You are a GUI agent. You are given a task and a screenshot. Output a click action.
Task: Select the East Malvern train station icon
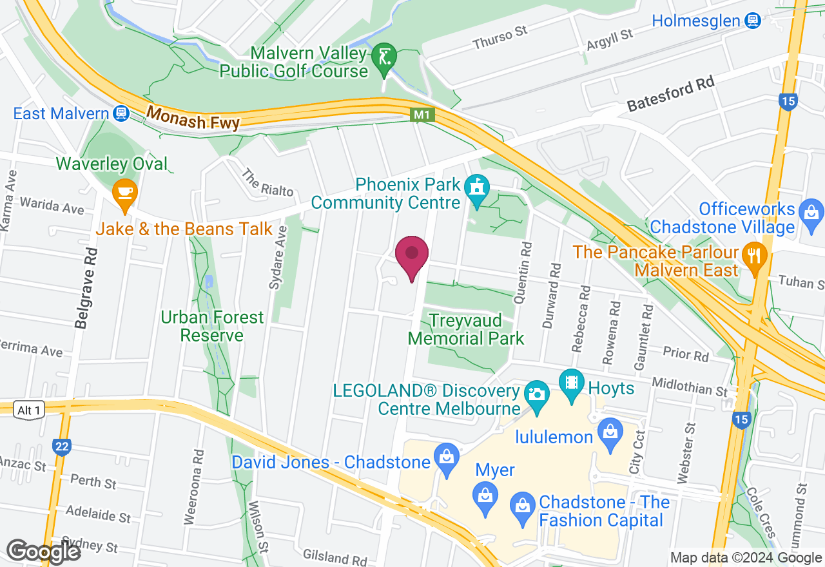pos(120,114)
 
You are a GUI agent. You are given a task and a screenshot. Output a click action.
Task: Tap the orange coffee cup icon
pos(124,193)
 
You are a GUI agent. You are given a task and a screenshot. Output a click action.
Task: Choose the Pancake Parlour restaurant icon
pos(752,253)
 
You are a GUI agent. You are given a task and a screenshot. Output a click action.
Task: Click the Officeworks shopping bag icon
pos(810,211)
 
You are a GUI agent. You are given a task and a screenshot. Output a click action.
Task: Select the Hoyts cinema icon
pos(571,381)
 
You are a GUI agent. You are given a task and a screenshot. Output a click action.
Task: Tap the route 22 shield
pos(61,446)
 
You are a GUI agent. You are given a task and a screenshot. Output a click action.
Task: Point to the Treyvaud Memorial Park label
pos(466,329)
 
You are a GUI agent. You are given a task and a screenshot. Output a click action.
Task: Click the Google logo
pos(43,551)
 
